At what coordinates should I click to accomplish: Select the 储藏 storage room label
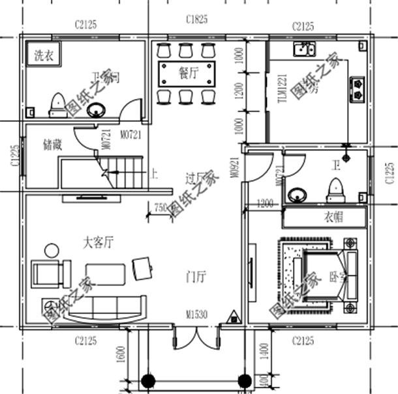coord(52,145)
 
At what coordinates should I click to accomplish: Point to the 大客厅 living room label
coord(98,243)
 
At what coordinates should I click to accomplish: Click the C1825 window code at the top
coord(196,20)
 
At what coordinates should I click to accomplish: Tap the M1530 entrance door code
coord(196,315)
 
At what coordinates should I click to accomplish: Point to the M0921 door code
coord(233,166)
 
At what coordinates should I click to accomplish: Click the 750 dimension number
coord(160,208)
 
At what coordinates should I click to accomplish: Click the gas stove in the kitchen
coord(358,85)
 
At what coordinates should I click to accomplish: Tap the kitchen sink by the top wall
coord(304,48)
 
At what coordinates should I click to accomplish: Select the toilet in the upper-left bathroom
coord(58,104)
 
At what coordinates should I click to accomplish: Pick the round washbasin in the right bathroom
coord(299,194)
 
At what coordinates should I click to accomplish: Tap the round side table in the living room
coord(50,249)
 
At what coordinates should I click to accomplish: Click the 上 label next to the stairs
coord(154,175)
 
